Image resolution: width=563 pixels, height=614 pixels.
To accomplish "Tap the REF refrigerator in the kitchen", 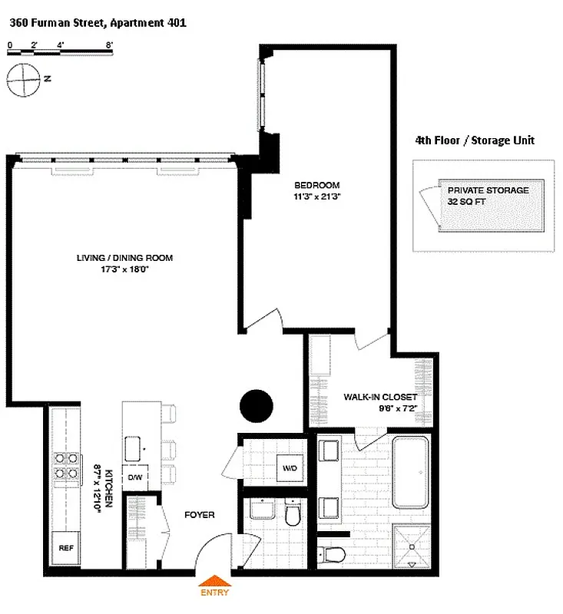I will (65, 548).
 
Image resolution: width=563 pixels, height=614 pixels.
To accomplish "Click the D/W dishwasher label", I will (135, 477).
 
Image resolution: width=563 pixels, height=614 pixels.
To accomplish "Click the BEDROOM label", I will (317, 186).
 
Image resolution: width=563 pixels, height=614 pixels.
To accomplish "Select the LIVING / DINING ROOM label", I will (124, 258).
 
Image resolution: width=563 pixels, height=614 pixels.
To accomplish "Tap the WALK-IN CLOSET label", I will (380, 397).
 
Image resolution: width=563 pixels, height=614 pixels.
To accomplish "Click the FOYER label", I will (199, 514).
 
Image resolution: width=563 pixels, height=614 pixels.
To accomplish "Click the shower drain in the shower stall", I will (412, 546).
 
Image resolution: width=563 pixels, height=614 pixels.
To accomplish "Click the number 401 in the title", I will (176, 22).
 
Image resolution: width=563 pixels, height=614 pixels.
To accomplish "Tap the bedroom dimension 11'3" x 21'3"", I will (317, 196).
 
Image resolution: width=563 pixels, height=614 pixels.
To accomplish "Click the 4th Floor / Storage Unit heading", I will (474, 140).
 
